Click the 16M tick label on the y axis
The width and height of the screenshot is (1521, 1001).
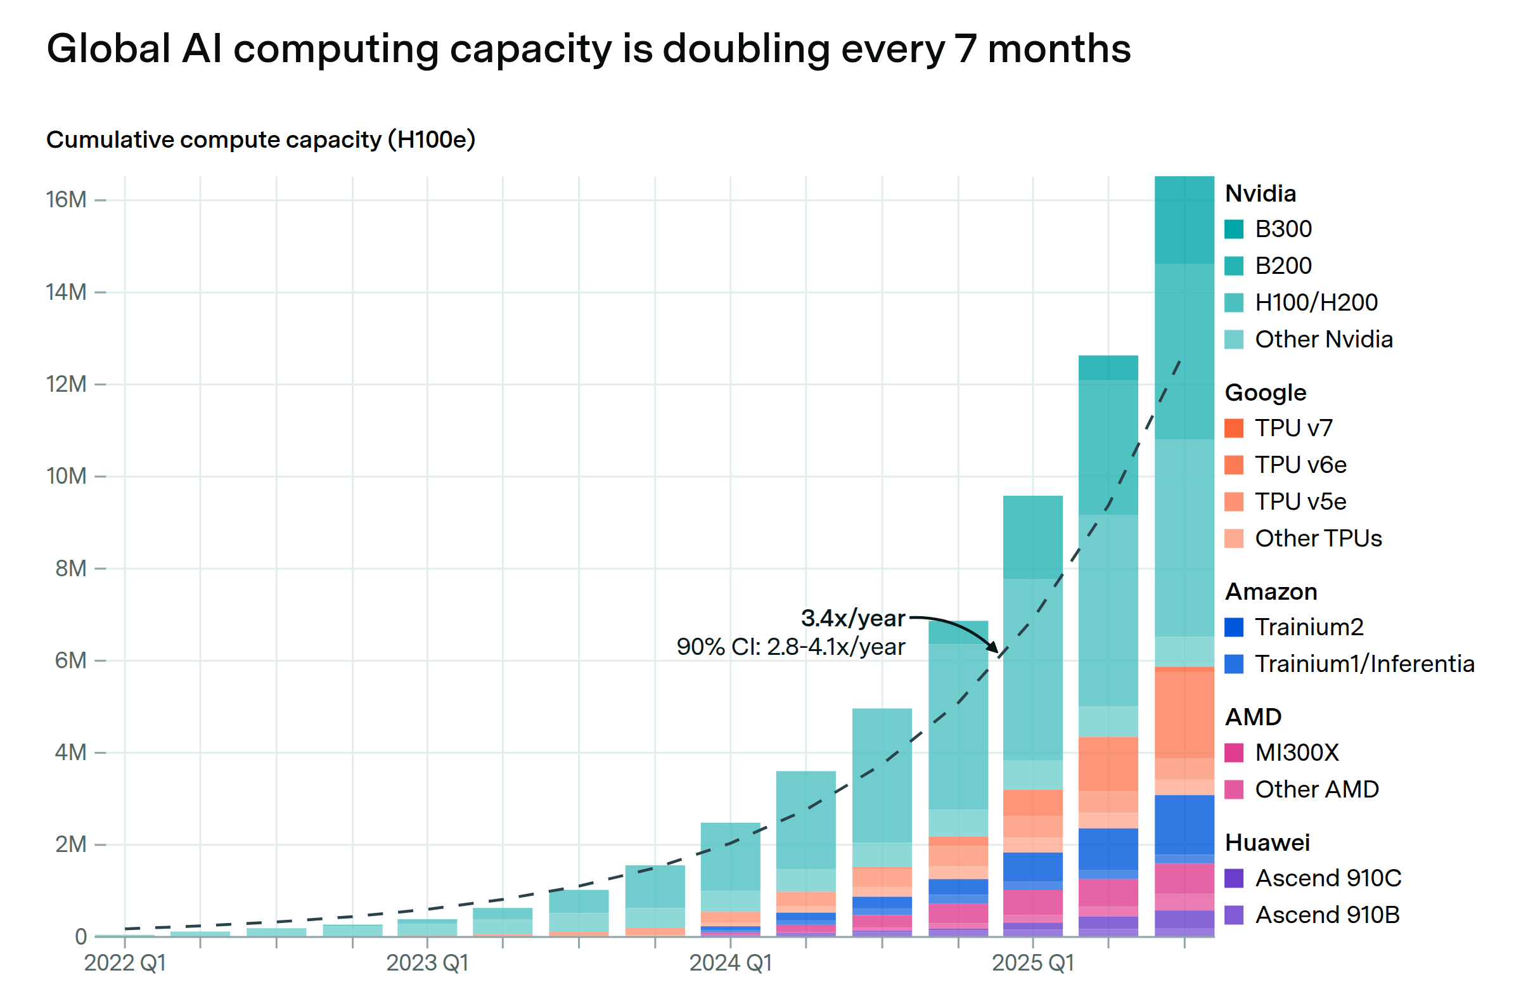[x=66, y=200]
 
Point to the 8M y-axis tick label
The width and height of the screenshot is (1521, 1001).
[x=70, y=568]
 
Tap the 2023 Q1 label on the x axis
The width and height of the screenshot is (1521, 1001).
[x=427, y=963]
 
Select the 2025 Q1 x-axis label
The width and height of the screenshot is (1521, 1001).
[x=1033, y=963]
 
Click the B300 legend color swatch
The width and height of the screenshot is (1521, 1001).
[x=1233, y=229]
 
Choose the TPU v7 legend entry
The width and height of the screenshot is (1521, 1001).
[x=1293, y=429]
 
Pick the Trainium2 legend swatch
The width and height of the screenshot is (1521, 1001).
[x=1233, y=628]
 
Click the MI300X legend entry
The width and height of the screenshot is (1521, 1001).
[x=1296, y=753]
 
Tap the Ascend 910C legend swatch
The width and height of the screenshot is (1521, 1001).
[x=1233, y=878]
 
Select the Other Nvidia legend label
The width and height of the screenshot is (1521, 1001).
[x=1323, y=339]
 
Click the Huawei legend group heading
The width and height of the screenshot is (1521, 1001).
[x=1267, y=843]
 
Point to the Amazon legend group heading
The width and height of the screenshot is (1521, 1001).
[x=1271, y=592]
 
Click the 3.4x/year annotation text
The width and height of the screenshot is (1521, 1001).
[x=852, y=618]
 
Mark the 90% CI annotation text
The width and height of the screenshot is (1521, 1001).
[x=790, y=647]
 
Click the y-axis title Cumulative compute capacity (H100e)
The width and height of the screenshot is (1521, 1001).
[x=260, y=139]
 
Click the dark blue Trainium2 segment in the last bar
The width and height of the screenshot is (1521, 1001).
[x=1184, y=825]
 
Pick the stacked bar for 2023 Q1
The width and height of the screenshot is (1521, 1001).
[x=427, y=927]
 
